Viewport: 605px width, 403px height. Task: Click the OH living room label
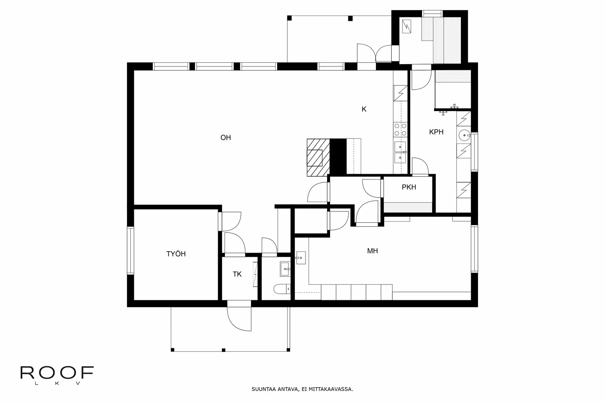click(225, 138)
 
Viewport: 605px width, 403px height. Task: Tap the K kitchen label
click(364, 109)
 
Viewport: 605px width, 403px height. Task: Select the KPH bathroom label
click(436, 132)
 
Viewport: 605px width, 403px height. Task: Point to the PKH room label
click(409, 187)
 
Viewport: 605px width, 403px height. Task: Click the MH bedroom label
click(372, 251)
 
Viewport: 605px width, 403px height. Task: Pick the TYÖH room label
click(176, 254)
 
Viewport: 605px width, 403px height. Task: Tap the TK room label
click(237, 274)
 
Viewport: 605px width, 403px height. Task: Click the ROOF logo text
click(57, 373)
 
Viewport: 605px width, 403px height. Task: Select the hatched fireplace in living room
click(317, 157)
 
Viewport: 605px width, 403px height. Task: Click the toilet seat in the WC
click(281, 289)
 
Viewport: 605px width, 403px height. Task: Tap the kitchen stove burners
click(400, 130)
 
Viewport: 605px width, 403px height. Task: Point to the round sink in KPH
click(464, 134)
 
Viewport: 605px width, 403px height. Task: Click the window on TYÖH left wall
click(130, 250)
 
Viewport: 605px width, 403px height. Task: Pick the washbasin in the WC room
click(284, 269)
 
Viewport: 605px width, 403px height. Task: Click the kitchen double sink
click(400, 152)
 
